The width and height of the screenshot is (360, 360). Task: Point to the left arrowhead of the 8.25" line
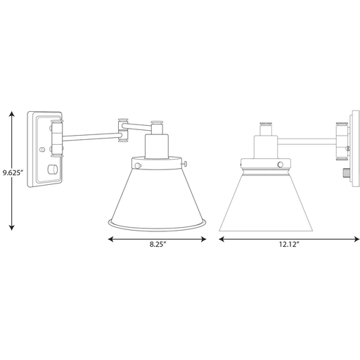[110, 239]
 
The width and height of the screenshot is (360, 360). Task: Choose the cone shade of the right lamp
[264, 200]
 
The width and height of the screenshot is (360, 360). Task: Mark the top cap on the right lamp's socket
[266, 125]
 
